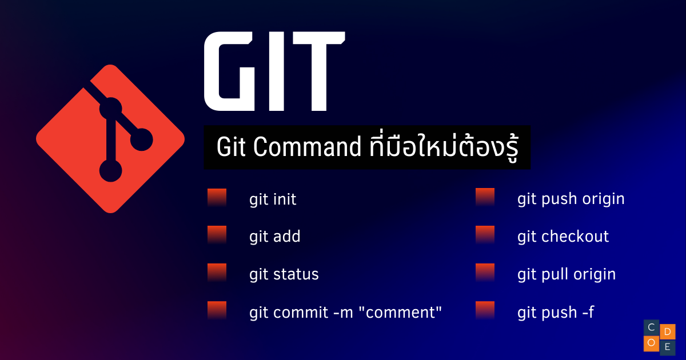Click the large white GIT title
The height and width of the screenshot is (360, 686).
point(275,71)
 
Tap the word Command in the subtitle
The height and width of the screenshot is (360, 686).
point(307,147)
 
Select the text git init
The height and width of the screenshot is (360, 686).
point(273,199)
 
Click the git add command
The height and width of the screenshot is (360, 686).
point(275,237)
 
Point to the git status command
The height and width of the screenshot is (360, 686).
point(284,274)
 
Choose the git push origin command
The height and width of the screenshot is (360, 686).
point(571,199)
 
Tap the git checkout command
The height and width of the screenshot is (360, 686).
point(563,237)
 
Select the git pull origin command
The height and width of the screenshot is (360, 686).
point(567,274)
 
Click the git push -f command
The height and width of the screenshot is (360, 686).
point(556,312)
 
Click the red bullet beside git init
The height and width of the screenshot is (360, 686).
point(217,198)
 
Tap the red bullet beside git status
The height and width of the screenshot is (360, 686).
point(217,273)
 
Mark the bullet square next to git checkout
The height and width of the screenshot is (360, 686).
point(485,235)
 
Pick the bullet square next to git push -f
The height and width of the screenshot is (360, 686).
point(485,311)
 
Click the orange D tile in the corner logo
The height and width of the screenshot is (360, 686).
point(668,331)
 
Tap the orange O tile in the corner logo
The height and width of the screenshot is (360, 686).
point(651,343)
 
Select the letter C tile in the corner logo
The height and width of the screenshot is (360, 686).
point(651,327)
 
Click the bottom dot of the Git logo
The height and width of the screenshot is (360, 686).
point(110,170)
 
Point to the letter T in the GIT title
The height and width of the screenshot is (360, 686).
point(319,71)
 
